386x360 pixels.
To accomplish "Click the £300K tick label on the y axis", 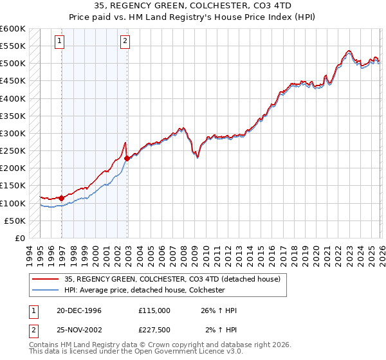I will tap(12, 134).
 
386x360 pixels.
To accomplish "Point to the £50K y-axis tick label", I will tap(14, 221).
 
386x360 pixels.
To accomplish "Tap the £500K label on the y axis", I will tap(12, 64).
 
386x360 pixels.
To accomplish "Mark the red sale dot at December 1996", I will tap(62, 198).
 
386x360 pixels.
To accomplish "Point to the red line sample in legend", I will tap(46, 280).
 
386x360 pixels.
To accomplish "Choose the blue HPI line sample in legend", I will tap(46, 291).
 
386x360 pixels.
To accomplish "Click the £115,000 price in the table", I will tap(154, 310).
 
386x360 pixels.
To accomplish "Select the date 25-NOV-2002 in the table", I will tap(79, 330).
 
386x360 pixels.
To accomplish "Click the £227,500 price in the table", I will tap(154, 330).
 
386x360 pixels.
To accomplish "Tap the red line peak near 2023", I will tap(347, 50).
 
